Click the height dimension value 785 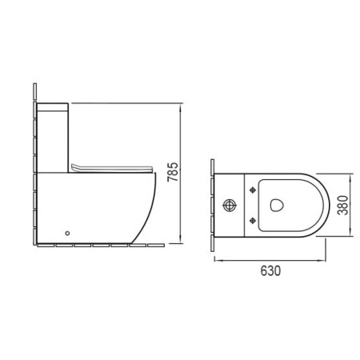pos(173,172)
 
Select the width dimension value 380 pos(343,205)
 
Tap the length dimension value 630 pos(270,270)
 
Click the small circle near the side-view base pos(67,234)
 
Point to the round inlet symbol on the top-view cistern pos(230,206)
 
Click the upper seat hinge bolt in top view pos(252,190)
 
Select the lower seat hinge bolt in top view pos(252,221)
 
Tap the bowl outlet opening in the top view pos(277,206)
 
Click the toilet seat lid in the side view pos(112,168)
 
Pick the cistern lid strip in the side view pos(53,107)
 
